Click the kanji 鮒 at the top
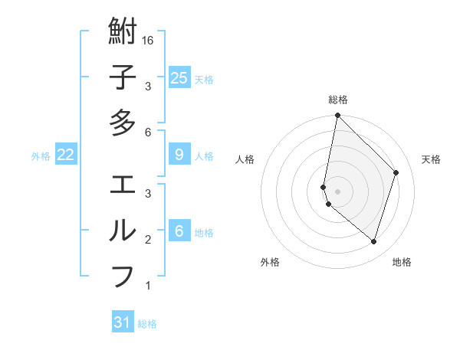point(123,34)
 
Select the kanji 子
point(123,77)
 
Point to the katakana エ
point(123,185)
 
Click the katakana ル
point(123,230)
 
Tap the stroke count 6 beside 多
point(148,132)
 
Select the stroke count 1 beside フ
point(148,286)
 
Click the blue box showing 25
point(179,78)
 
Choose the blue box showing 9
point(179,155)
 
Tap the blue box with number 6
point(179,231)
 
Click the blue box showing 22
point(65,155)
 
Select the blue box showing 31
point(123,322)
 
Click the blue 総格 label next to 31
point(147,324)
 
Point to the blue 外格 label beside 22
point(41,156)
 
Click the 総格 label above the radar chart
point(338,100)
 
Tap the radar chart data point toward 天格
point(396,172)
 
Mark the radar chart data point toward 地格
point(373,242)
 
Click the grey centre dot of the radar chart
point(337,191)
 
